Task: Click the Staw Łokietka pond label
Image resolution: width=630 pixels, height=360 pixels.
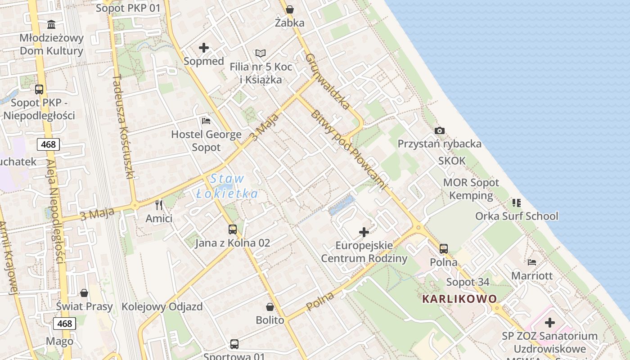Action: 227,186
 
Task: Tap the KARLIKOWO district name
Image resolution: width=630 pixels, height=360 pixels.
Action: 459,299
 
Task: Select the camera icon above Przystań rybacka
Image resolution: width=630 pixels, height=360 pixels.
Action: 440,130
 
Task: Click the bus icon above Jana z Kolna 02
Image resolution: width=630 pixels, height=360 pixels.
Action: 232,229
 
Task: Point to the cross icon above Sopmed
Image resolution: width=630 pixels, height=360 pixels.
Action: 204,47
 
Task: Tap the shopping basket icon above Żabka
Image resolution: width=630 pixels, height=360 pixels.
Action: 290,9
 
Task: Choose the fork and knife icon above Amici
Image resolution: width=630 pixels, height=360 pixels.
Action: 158,205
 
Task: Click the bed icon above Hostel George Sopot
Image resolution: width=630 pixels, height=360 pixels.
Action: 206,121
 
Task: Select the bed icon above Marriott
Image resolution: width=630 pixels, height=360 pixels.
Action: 532,262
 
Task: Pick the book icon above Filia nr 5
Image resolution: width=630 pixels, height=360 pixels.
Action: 261,53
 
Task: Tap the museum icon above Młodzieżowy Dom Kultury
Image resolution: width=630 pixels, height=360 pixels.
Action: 51,24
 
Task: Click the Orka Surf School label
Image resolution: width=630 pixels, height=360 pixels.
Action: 517,216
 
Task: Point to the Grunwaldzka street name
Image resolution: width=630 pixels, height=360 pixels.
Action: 328,81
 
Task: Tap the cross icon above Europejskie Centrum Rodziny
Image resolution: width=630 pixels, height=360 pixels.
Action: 364,232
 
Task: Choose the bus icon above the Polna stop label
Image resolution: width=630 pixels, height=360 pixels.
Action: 444,248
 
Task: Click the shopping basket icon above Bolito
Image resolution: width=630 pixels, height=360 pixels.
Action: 270,307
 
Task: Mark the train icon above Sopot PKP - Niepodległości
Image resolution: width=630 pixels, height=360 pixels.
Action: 39,89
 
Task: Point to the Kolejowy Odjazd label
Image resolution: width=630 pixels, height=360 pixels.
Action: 162,307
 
